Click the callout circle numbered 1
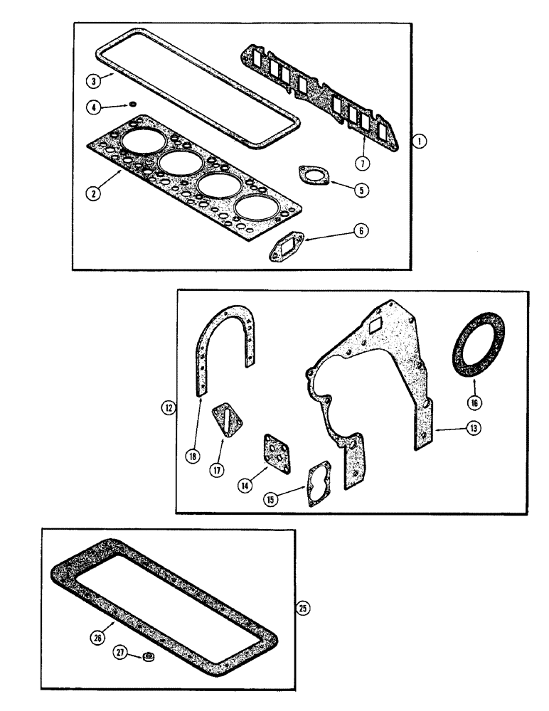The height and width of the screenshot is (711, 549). [x=421, y=142]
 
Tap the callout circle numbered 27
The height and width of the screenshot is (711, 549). [x=121, y=652]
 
